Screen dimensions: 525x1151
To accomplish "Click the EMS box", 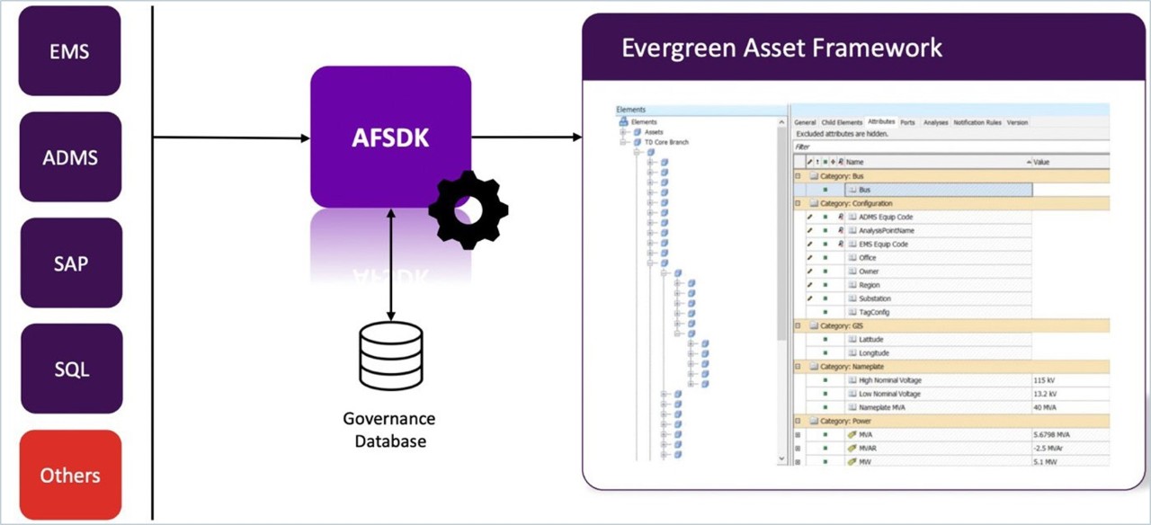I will (69, 51).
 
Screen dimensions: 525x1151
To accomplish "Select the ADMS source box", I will (70, 157).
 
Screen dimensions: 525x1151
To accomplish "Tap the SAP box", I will (71, 262).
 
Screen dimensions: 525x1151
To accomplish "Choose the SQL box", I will (71, 369).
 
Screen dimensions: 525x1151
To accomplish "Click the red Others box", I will (70, 475).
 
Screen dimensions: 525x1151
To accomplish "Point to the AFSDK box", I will (390, 137).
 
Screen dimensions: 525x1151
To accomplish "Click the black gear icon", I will (468, 209).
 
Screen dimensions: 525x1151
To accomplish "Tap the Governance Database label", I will (390, 430).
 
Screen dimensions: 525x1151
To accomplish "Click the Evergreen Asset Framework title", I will (781, 48).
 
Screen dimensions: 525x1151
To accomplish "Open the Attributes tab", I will (881, 122).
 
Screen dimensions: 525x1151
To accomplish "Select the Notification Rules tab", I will (977, 122).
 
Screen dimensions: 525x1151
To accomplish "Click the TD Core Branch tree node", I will (666, 142).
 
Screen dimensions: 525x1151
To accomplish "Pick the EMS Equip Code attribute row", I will (883, 245).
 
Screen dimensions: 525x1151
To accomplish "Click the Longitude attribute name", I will (873, 353).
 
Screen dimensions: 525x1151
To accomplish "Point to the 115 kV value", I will (1046, 380).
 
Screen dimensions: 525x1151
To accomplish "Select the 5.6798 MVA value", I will (1052, 434).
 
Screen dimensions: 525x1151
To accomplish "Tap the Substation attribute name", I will (875, 298).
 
